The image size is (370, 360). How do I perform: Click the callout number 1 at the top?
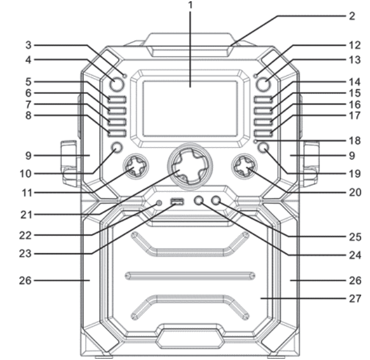(x=190, y=5)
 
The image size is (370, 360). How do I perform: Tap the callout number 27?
(x=355, y=299)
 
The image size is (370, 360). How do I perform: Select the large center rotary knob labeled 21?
(x=190, y=166)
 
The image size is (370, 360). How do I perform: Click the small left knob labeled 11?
(x=136, y=166)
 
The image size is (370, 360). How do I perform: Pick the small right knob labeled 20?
(x=244, y=166)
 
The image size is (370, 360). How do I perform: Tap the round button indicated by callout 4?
(x=116, y=85)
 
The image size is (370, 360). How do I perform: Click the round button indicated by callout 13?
(x=263, y=85)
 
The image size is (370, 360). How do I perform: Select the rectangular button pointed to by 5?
(x=117, y=100)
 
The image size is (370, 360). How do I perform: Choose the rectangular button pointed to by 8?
(x=117, y=133)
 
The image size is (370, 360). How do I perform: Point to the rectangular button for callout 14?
(x=263, y=100)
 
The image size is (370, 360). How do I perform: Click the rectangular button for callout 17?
(x=263, y=133)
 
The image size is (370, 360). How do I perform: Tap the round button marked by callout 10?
(x=117, y=147)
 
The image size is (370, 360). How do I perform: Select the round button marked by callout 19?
(x=263, y=147)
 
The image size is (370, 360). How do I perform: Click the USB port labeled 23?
(x=177, y=201)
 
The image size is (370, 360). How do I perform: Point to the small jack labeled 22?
(x=159, y=203)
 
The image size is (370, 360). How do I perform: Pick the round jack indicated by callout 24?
(x=199, y=200)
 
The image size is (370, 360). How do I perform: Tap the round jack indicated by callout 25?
(x=216, y=200)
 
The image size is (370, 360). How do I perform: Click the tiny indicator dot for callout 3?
(x=125, y=76)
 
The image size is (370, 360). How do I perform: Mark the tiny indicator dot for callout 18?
(x=255, y=142)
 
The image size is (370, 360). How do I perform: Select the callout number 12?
(x=355, y=45)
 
